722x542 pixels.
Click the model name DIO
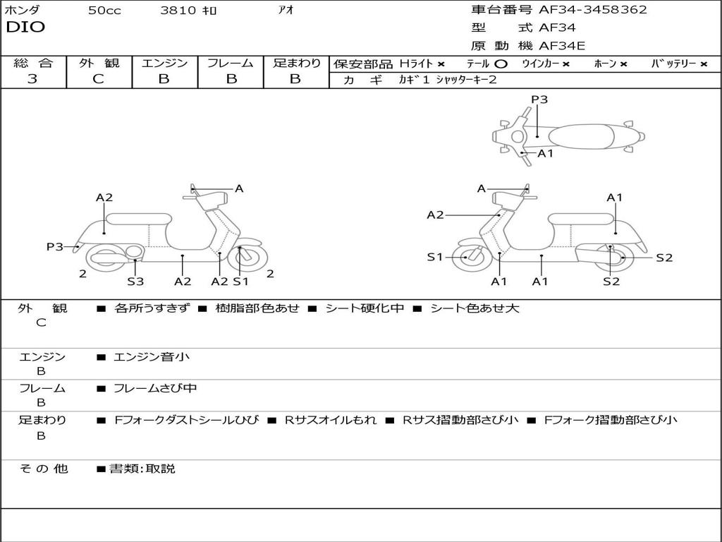pyautogui.click(x=25, y=28)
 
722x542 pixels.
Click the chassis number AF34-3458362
pyautogui.click(x=592, y=10)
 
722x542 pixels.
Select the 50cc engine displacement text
pyautogui.click(x=104, y=11)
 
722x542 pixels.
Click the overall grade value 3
pyautogui.click(x=32, y=79)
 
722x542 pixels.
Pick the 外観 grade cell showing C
pyautogui.click(x=99, y=79)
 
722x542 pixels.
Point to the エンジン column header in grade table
pyautogui.click(x=164, y=63)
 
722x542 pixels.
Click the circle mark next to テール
pyautogui.click(x=501, y=64)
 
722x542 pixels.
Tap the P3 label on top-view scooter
pyautogui.click(x=539, y=100)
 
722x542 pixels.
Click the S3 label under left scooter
pyautogui.click(x=135, y=282)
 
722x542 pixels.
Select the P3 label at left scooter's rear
pyautogui.click(x=55, y=246)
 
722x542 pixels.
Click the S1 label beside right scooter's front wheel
pyautogui.click(x=435, y=257)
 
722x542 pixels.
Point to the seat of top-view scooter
pyautogui.click(x=578, y=136)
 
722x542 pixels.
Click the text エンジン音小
pyautogui.click(x=152, y=357)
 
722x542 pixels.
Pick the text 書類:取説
pyautogui.click(x=142, y=469)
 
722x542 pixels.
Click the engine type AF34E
pyautogui.click(x=562, y=46)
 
